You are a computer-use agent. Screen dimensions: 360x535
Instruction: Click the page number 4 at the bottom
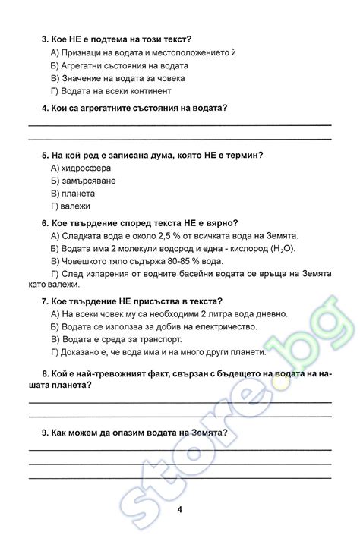tap(179, 509)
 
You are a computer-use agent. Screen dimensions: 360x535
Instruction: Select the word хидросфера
tap(87, 168)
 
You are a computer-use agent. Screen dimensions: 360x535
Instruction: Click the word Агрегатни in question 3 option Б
tap(82, 65)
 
